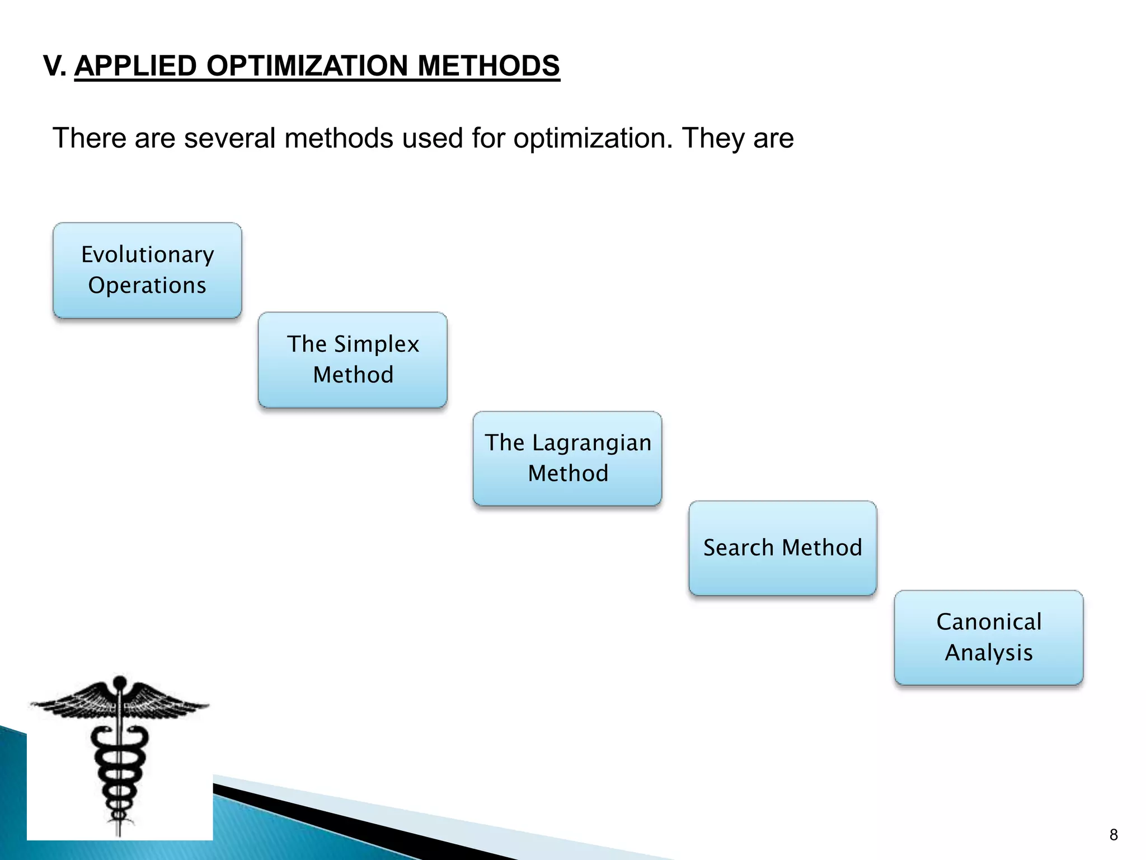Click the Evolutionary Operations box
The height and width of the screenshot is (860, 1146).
(x=147, y=270)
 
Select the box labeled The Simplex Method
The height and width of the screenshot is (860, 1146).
(x=353, y=360)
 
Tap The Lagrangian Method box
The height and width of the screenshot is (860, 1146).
(x=567, y=459)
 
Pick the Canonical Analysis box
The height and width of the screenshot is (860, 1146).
(x=989, y=638)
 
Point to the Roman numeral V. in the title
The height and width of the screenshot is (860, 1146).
(x=55, y=66)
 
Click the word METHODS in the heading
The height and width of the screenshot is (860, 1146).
(x=488, y=66)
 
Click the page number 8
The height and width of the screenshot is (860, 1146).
(x=1113, y=835)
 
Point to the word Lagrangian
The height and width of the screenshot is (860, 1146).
(x=591, y=443)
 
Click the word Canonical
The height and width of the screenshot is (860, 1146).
(x=989, y=622)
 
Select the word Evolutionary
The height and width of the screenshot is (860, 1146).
(x=147, y=255)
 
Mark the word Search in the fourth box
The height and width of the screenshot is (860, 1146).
(x=738, y=548)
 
